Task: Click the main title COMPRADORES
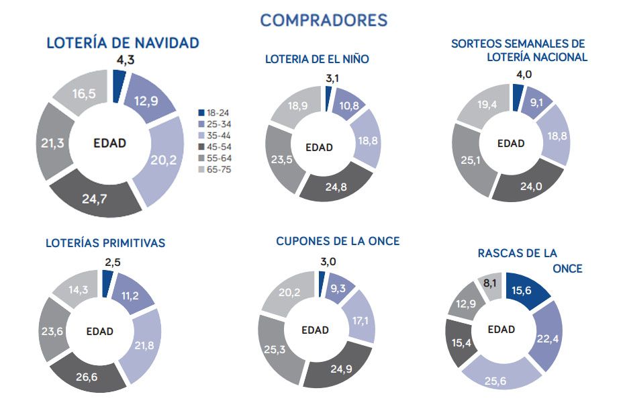324,20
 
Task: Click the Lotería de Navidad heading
123,43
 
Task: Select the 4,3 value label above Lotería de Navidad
126,60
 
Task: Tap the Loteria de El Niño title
317,60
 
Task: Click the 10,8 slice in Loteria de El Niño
344,106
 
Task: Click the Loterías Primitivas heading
105,243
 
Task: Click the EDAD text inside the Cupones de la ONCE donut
315,330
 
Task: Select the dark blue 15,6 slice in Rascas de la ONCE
528,289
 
